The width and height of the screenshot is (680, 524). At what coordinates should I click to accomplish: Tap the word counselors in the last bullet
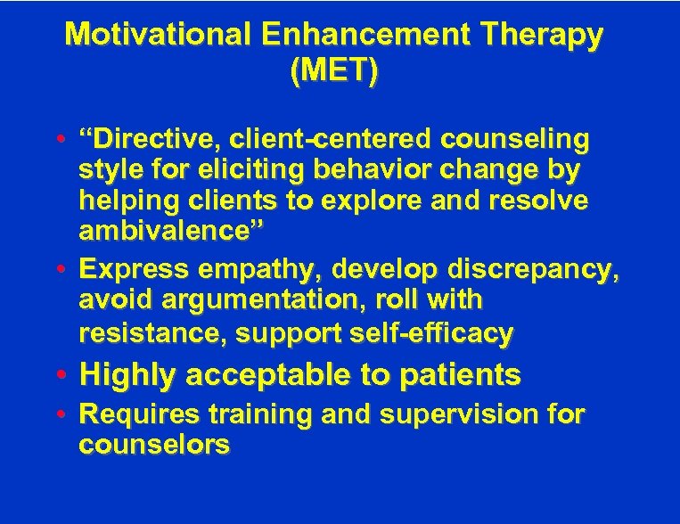[154, 445]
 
